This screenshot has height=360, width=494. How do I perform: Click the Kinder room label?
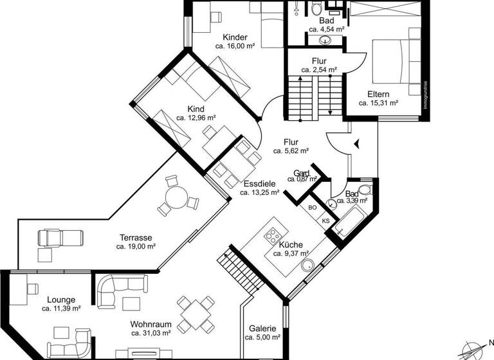coord(235,37)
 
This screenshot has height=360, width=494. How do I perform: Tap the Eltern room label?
coord(378,94)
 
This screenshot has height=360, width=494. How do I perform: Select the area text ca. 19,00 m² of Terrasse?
coord(134,246)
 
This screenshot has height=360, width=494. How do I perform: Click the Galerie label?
coord(262,327)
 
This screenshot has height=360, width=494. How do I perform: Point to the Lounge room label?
coord(61,300)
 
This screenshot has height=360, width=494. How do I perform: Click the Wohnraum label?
coord(151,324)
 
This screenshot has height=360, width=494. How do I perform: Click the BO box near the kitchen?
coord(313,208)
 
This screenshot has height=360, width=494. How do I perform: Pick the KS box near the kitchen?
coord(325,221)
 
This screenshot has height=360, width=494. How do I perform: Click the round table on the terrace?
coord(174,197)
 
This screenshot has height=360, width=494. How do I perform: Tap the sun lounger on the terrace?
coord(60,238)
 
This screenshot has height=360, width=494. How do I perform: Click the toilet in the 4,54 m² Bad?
coord(316,8)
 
